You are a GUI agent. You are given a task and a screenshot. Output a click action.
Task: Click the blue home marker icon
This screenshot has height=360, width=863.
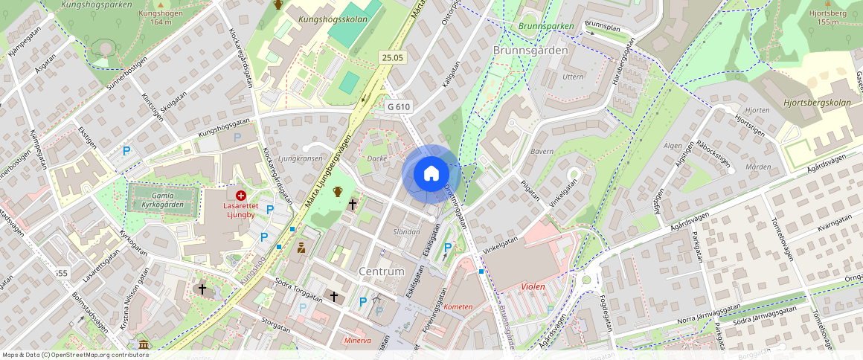[x=431, y=174]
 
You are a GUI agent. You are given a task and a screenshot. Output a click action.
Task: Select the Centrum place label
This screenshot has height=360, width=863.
[x=382, y=271]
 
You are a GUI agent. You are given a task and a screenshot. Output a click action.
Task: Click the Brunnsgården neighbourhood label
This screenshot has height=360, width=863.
[x=530, y=50]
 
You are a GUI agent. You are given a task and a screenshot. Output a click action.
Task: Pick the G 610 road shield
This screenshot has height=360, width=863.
[x=399, y=106]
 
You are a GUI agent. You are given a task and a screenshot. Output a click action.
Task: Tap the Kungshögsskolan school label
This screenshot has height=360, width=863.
[x=333, y=19]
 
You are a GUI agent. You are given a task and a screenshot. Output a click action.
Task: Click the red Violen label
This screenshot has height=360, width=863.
[x=533, y=286]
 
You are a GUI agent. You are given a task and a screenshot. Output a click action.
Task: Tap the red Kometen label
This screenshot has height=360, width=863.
[x=458, y=306]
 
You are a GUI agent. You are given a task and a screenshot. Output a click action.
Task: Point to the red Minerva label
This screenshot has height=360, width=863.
[x=358, y=341]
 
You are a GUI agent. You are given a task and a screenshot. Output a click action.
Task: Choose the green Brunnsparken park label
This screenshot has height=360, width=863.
[x=547, y=26]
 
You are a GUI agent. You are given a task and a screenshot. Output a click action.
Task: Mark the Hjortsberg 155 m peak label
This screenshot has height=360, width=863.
[x=828, y=17]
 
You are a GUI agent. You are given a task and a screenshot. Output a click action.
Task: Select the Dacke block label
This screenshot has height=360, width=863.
[x=377, y=158]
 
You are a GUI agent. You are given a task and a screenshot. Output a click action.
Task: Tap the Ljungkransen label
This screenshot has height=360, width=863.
[x=299, y=158]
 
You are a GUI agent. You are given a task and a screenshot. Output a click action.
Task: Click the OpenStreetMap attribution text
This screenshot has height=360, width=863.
[x=75, y=355]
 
